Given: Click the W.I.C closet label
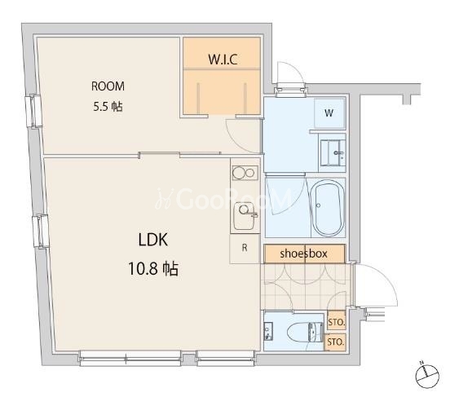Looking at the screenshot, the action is (x=223, y=60).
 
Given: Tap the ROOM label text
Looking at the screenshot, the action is (x=108, y=86).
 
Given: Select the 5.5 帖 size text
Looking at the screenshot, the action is (x=108, y=107).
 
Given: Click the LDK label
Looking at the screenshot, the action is (x=153, y=240).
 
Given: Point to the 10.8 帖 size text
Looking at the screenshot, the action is (x=153, y=269).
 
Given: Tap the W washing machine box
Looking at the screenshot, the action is (x=329, y=112).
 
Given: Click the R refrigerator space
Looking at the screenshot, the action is (x=245, y=249).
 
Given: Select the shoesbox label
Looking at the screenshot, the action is (x=303, y=254).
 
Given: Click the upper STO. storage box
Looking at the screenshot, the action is (x=337, y=322).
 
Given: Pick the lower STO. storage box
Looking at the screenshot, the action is (x=336, y=342).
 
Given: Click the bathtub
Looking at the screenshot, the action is (x=328, y=208).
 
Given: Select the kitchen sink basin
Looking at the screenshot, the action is (x=245, y=215).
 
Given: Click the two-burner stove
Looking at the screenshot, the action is (x=245, y=173).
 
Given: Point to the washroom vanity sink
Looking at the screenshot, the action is (x=333, y=153).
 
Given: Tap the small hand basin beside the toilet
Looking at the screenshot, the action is (x=268, y=331).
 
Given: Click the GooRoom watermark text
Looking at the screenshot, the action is (x=223, y=199).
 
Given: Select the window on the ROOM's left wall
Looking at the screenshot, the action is (x=33, y=111).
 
